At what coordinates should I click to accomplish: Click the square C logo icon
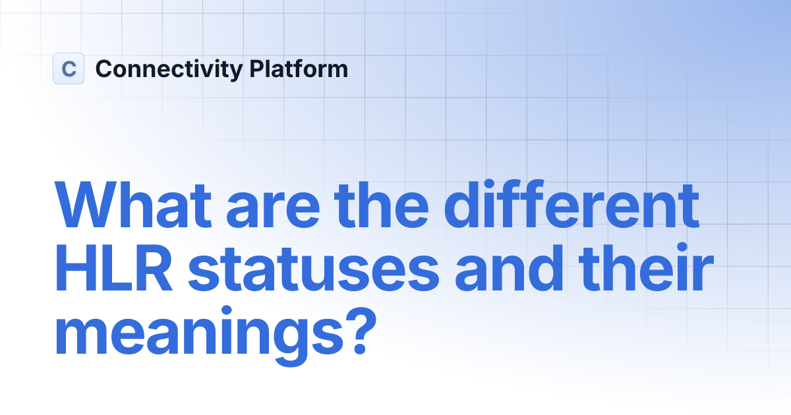tap(69, 69)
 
